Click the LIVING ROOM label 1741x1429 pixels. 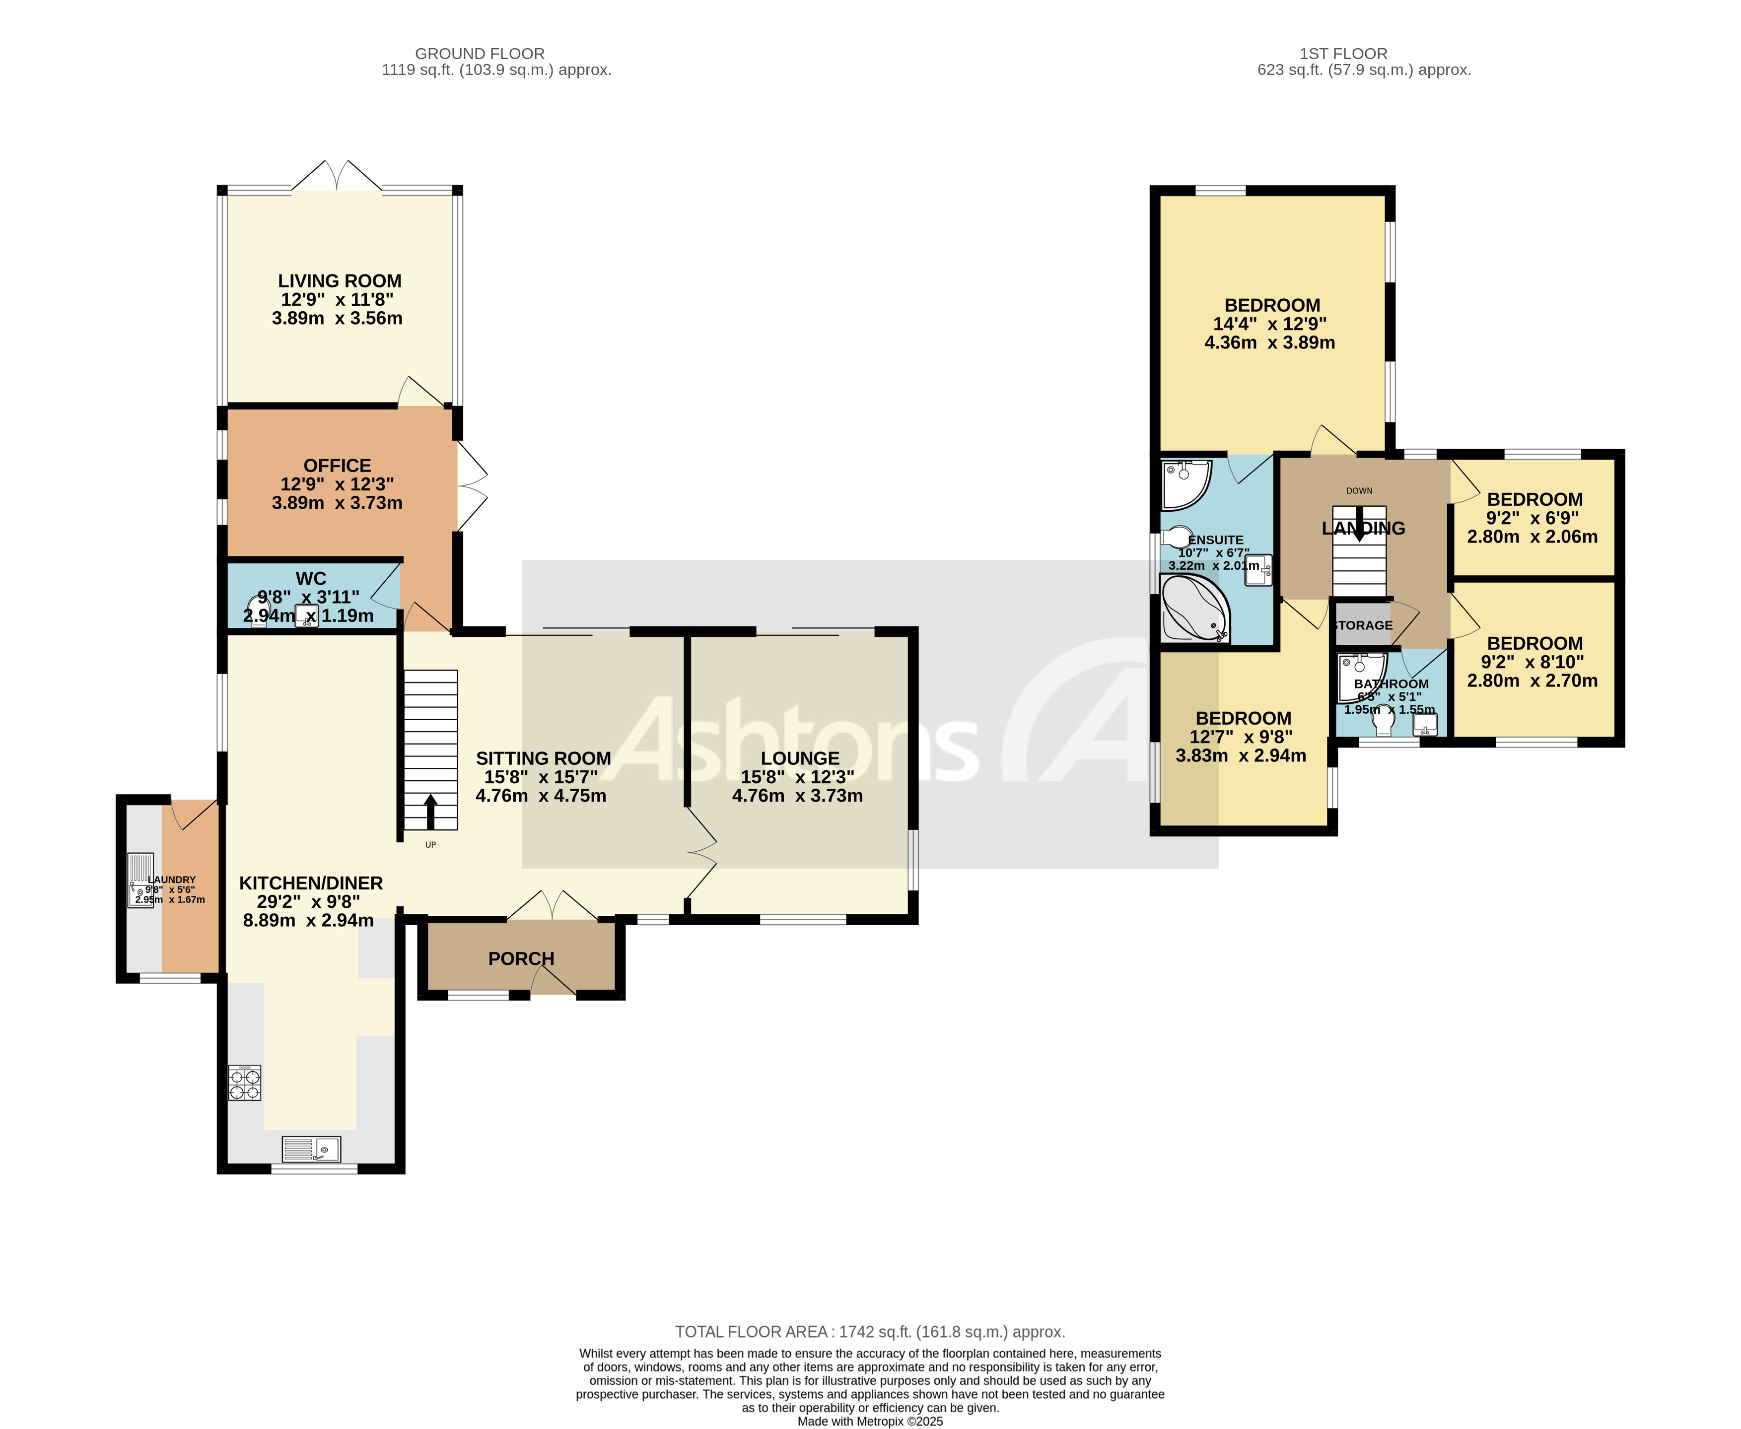click(x=339, y=281)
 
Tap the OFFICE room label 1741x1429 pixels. click(x=337, y=466)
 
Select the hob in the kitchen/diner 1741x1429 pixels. click(x=244, y=1083)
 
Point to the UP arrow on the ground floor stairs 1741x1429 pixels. click(x=430, y=811)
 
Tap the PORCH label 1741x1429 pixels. click(x=521, y=959)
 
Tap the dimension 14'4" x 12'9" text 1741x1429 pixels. click(x=1269, y=324)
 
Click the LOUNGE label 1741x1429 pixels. click(x=799, y=759)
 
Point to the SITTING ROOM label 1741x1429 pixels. click(x=543, y=759)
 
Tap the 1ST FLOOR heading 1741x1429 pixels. click(x=1343, y=54)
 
